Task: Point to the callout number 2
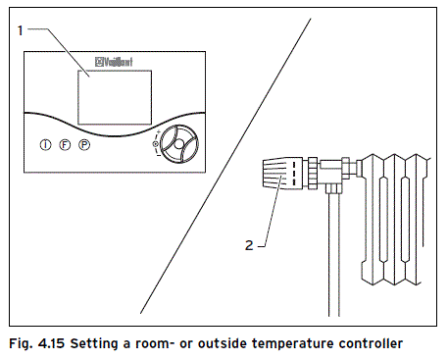[249, 245]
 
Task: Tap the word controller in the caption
[369, 343]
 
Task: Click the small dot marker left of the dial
[155, 145]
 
